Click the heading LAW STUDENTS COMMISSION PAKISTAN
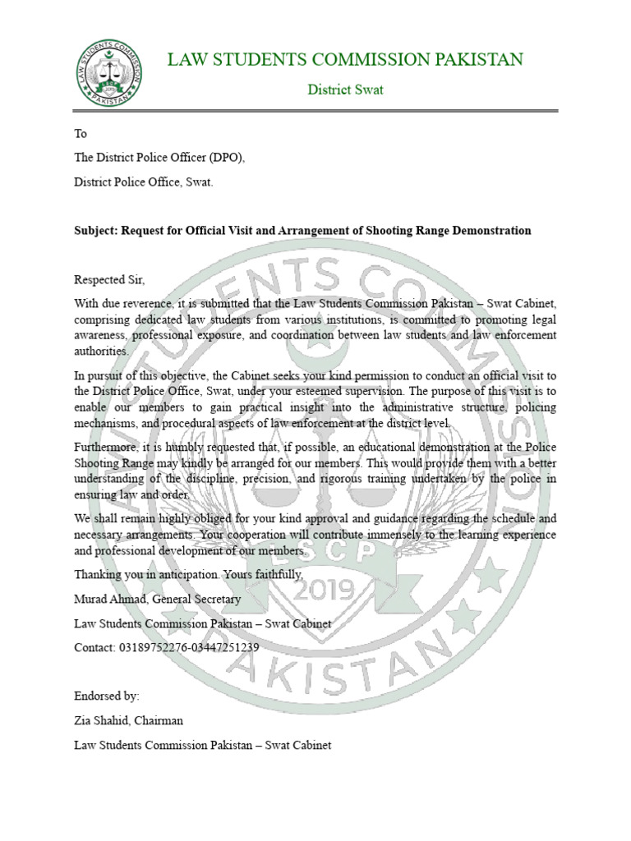pyautogui.click(x=345, y=59)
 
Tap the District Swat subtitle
pyautogui.click(x=345, y=90)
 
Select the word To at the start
pyautogui.click(x=81, y=134)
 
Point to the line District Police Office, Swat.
pyautogui.click(x=144, y=182)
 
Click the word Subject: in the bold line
pyautogui.click(x=96, y=231)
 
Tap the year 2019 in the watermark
pyautogui.click(x=318, y=590)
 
